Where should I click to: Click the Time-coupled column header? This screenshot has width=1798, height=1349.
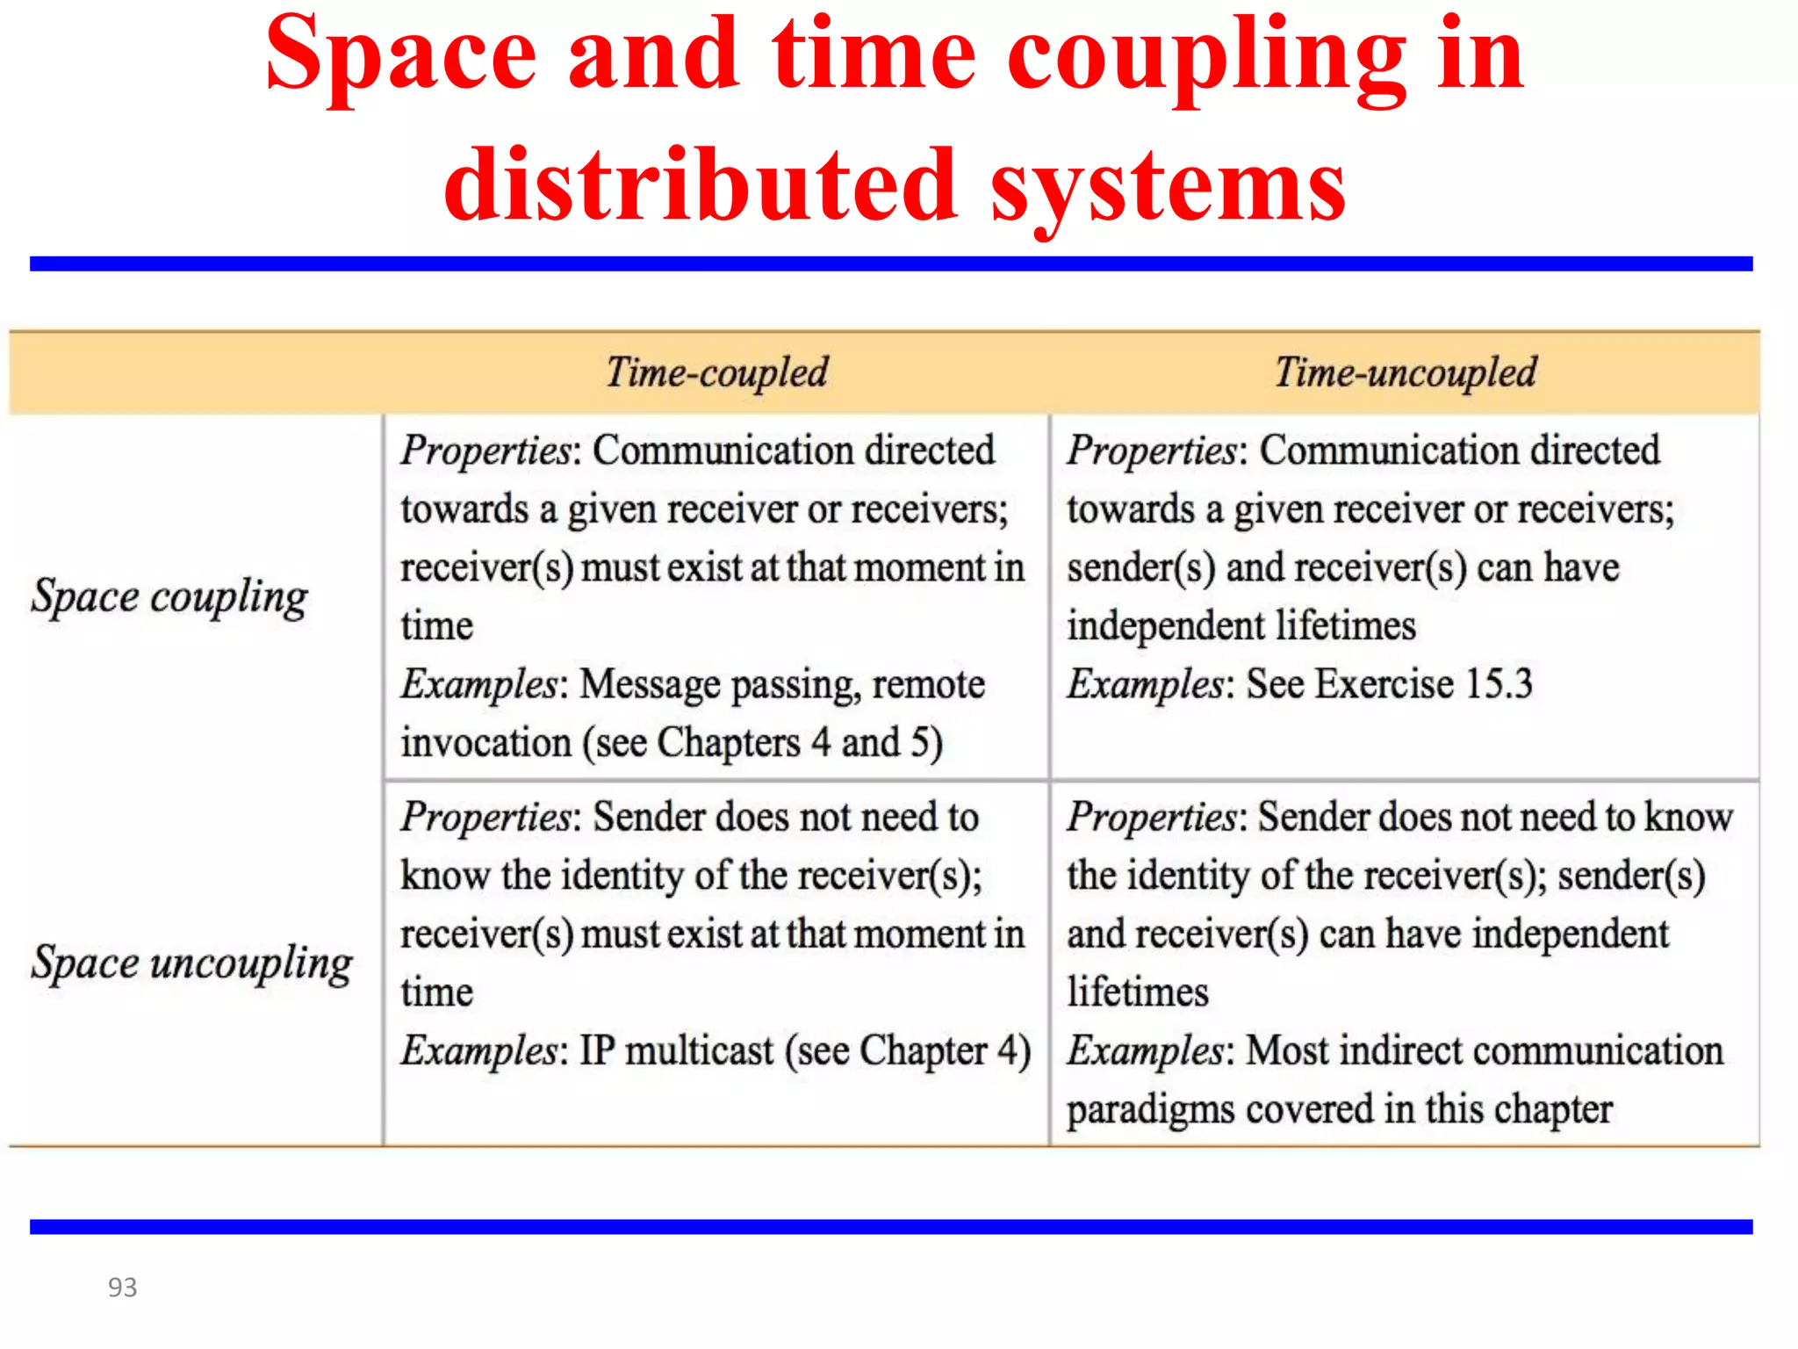[x=716, y=372]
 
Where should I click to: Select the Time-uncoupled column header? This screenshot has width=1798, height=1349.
[x=1406, y=372]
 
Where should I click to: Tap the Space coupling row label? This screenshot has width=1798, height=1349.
[x=169, y=597]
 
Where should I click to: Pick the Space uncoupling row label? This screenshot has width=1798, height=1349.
[x=191, y=963]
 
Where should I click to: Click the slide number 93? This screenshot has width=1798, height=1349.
[x=122, y=1288]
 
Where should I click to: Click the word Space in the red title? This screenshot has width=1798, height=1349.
[x=400, y=54]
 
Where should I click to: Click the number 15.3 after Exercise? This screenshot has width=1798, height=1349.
[x=1498, y=684]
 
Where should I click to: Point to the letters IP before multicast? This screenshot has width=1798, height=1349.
[x=598, y=1050]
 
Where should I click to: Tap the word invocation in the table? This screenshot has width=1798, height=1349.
[x=486, y=743]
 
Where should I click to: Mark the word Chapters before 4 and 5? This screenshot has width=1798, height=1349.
[x=729, y=743]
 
